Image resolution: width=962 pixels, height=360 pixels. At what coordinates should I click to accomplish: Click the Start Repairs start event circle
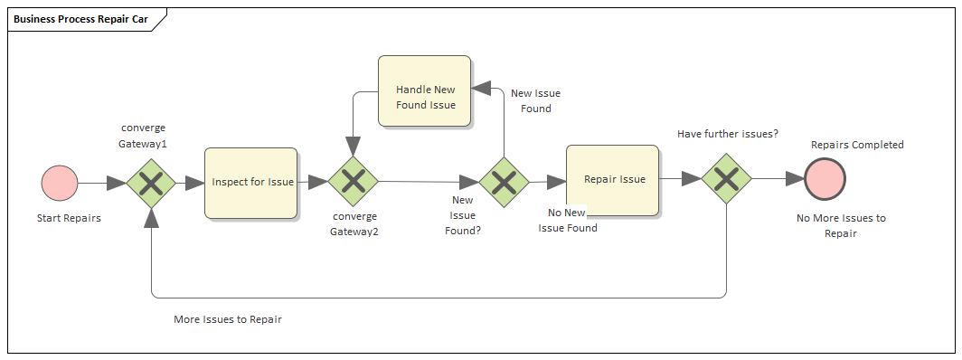point(60,183)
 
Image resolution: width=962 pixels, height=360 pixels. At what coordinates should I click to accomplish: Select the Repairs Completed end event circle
point(825,179)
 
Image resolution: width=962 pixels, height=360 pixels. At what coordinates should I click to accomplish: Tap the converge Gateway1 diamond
point(151,184)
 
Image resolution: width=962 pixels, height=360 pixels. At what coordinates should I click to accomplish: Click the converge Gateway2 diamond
point(353,182)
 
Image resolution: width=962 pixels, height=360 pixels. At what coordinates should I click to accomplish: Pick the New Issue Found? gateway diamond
point(504,182)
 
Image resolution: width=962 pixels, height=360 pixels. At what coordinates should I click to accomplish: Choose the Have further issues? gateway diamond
point(727,179)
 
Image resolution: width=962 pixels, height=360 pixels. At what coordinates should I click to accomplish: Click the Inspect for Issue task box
point(251,183)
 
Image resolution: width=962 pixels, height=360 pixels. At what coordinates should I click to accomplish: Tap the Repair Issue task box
point(613,180)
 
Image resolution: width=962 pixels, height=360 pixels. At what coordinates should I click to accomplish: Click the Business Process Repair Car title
point(82,19)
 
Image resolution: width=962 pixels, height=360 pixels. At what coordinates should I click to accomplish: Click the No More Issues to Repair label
point(840,225)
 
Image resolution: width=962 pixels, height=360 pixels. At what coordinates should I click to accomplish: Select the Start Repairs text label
point(68,218)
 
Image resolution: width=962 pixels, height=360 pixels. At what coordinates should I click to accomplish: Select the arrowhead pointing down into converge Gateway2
point(353,146)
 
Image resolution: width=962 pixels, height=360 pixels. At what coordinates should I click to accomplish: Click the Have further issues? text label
point(727,134)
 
